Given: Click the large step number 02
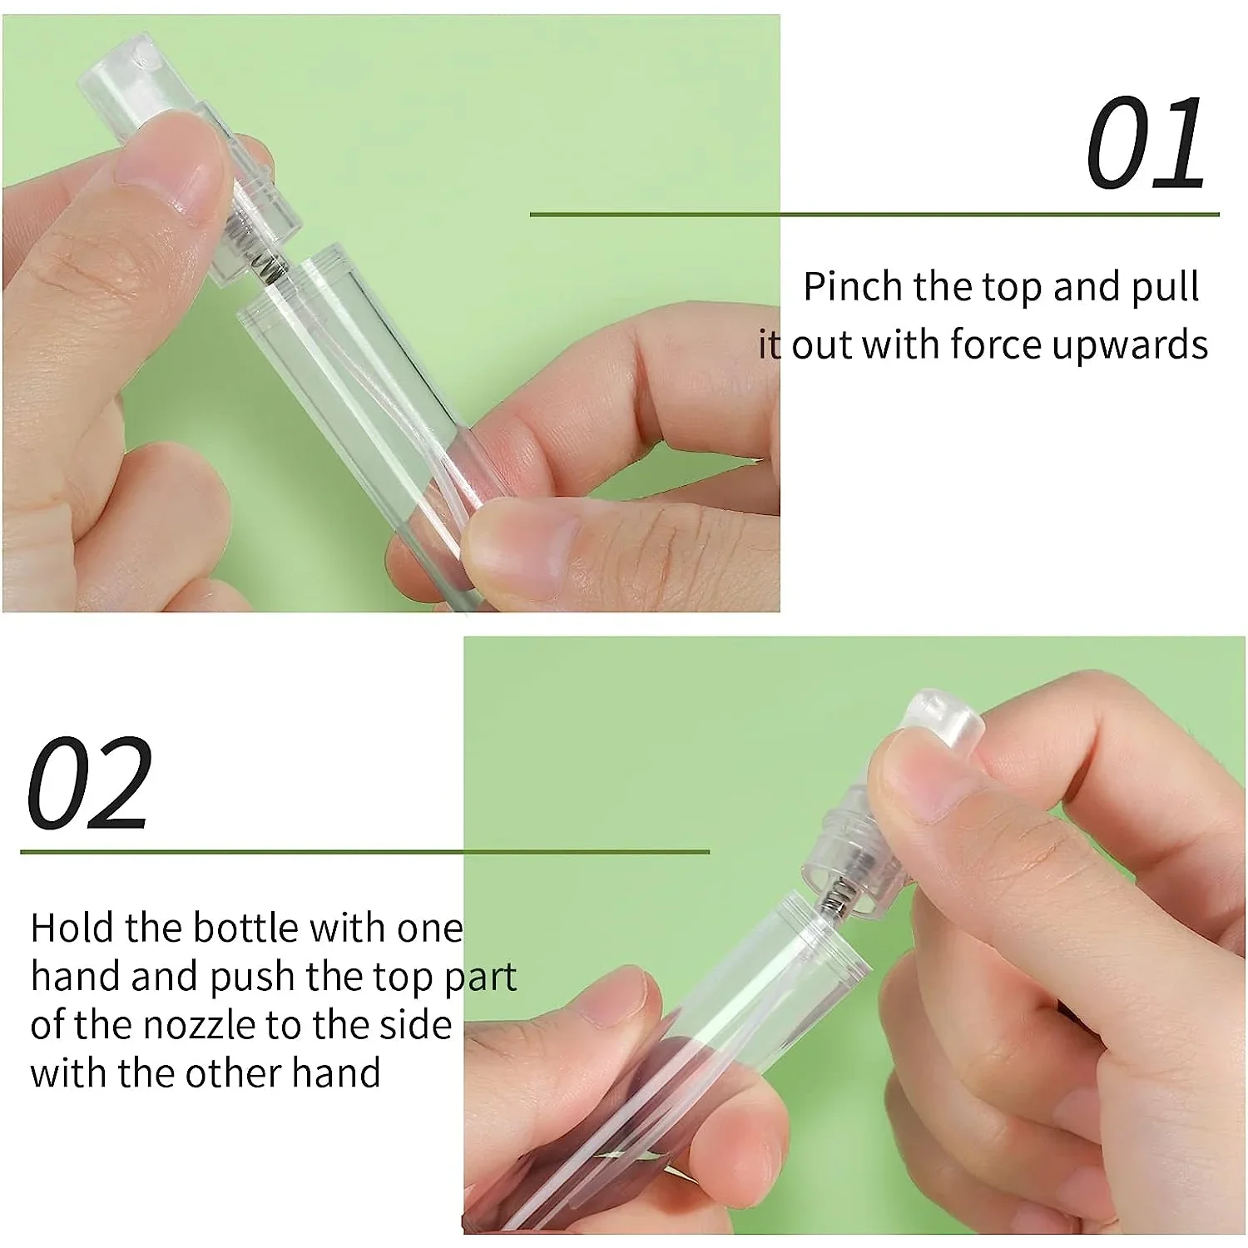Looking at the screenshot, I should pyautogui.click(x=90, y=783).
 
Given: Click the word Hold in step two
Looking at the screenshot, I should pyautogui.click(x=72, y=928).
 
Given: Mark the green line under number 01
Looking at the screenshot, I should pyautogui.click(x=874, y=215).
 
